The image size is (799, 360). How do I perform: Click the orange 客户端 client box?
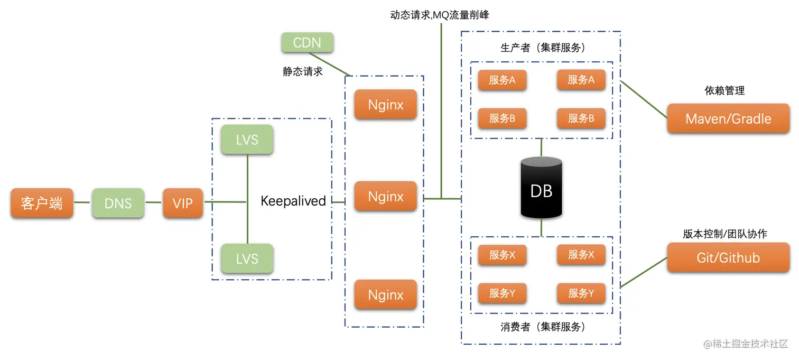click(x=42, y=203)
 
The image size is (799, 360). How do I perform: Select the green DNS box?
click(x=118, y=203)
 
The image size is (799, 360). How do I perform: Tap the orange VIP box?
click(x=183, y=203)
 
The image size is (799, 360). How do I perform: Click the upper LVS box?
click(x=247, y=140)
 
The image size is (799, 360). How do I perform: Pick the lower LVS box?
click(x=247, y=259)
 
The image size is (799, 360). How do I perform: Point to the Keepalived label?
click(x=293, y=201)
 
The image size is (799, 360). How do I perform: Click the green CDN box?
click(x=307, y=42)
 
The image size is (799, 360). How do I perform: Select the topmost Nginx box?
click(x=386, y=105)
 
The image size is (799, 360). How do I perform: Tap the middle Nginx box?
click(x=386, y=197)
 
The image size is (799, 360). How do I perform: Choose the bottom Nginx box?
click(x=386, y=294)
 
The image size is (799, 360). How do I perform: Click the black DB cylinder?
click(x=541, y=189)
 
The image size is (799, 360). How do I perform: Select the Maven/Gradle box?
click(x=728, y=118)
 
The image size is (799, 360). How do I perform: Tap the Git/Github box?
click(x=728, y=257)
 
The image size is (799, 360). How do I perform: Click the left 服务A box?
click(x=502, y=80)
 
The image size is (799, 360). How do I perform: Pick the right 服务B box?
click(x=581, y=118)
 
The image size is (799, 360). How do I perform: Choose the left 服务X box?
click(x=502, y=255)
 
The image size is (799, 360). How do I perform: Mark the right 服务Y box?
click(x=581, y=293)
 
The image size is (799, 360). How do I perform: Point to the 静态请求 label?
click(x=302, y=71)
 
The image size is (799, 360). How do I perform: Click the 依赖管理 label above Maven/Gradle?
click(x=724, y=91)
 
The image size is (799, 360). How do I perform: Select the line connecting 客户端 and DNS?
click(x=82, y=202)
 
